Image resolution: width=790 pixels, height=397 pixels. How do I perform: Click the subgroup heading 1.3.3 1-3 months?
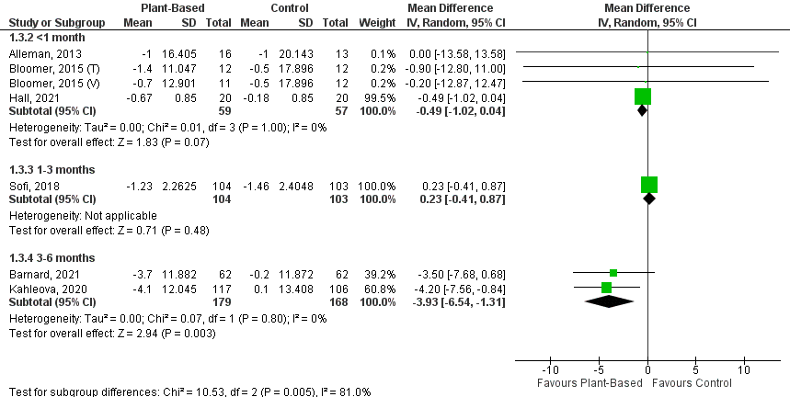point(47,170)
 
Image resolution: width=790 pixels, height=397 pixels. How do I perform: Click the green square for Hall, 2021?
point(642,96)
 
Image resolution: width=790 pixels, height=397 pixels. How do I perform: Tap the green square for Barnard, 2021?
point(613,273)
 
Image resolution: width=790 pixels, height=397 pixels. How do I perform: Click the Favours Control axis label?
point(698,371)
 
